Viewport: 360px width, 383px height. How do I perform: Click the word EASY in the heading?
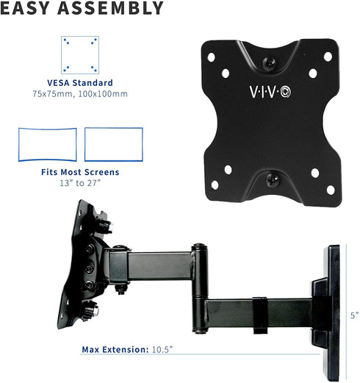(x=28, y=10)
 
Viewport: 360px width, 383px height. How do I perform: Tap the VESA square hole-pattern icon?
(x=79, y=54)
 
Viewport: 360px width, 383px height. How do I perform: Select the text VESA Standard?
(x=79, y=83)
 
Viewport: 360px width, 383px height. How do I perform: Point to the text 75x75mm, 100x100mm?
(x=79, y=94)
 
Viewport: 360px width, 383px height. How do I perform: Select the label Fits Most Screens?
(x=80, y=172)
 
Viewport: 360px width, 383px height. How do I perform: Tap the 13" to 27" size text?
(x=80, y=182)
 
